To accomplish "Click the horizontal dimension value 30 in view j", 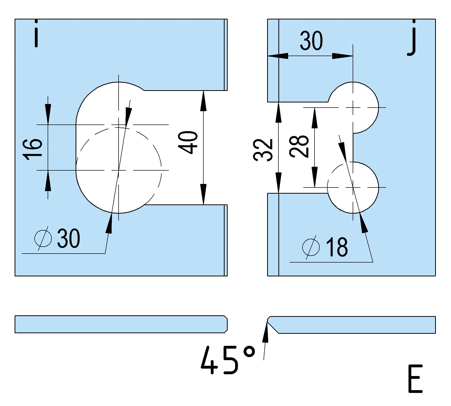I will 311,41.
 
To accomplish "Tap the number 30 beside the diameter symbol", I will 68,238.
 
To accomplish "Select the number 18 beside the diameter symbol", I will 337,247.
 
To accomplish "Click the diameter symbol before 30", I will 43,238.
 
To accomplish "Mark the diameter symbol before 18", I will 311,247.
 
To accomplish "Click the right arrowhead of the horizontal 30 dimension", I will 343,56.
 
